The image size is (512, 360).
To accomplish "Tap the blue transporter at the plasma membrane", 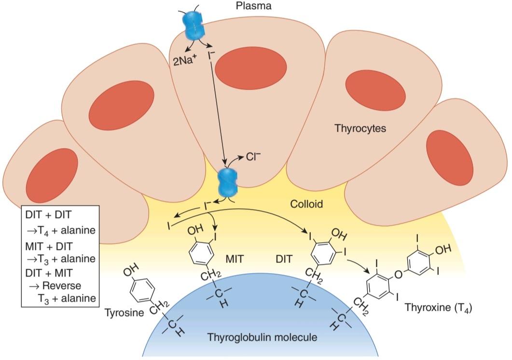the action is point(193,25).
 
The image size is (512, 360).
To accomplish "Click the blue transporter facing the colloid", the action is point(228,182).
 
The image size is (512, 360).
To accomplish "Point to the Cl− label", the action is point(254,157).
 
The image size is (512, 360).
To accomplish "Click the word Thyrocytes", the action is point(360,128).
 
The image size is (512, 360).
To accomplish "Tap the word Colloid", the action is point(306,204).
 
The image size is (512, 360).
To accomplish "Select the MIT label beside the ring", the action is point(235,259).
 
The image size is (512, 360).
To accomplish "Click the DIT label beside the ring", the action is point(284,259).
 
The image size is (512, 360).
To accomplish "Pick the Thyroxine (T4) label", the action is point(439,308).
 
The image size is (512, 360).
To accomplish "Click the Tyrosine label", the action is point(124,313).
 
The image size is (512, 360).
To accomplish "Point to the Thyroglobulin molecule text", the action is point(262,337).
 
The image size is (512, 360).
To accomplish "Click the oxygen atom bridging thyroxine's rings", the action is point(399,274).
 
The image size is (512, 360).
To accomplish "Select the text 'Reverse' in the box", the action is point(62,286).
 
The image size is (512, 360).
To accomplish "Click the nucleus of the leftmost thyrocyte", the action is point(52,175).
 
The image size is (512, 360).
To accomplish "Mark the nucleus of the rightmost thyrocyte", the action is point(450,158).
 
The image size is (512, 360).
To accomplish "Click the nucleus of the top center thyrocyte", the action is point(251,67).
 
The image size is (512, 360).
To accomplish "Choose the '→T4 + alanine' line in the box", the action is point(61,231).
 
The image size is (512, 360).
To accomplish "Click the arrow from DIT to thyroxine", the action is point(358,265).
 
